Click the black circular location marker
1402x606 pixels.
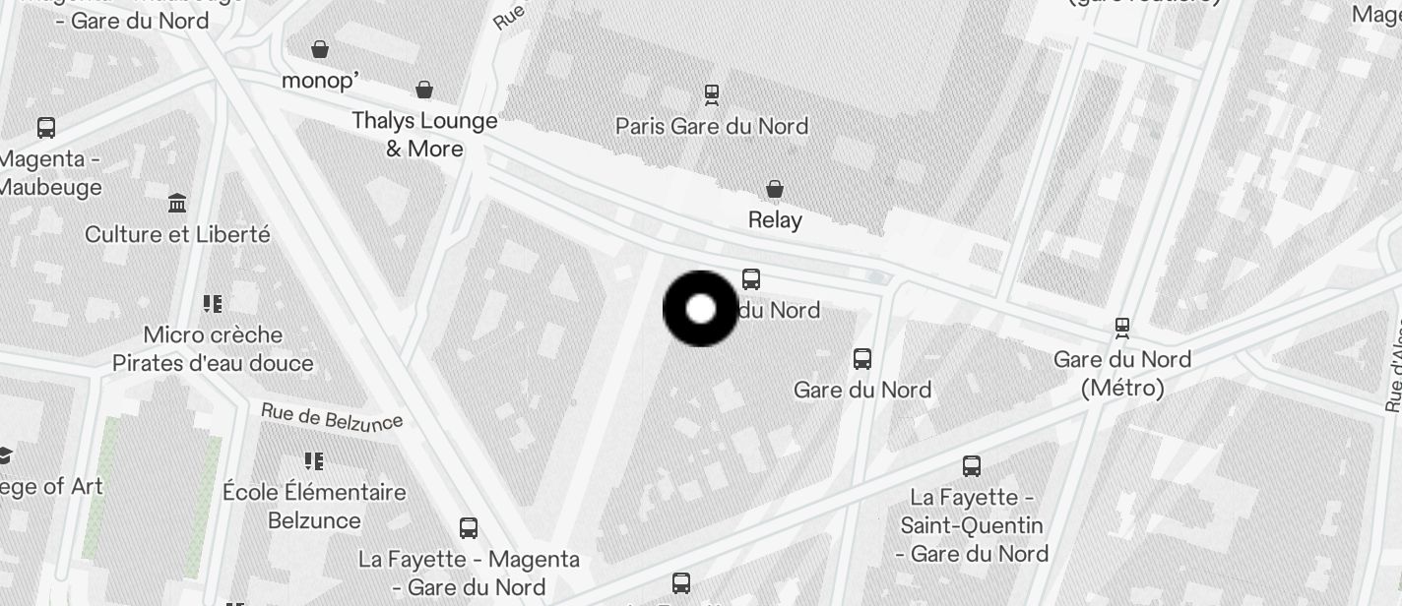tap(700, 309)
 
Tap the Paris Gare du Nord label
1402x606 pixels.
tap(711, 126)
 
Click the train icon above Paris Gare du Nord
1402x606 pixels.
tap(711, 94)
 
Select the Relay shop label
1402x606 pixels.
tap(775, 219)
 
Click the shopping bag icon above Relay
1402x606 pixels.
tap(775, 188)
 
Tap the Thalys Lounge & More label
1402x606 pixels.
tap(424, 135)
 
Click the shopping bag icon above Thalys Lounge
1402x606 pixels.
tap(424, 90)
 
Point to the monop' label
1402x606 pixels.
tap(320, 81)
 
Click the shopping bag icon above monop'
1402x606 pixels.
tap(320, 48)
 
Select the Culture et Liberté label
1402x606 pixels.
tap(177, 234)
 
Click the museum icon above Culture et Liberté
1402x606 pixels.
tap(177, 204)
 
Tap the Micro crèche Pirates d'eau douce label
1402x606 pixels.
tap(213, 348)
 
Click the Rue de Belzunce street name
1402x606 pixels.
tap(332, 417)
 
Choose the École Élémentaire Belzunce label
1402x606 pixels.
tap(314, 506)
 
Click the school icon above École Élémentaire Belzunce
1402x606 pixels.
tap(314, 460)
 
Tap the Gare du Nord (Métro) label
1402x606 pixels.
tap(1122, 374)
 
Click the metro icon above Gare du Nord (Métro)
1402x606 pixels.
tap(1121, 327)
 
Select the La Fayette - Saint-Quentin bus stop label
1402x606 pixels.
tap(972, 538)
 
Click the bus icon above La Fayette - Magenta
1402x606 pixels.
tap(469, 528)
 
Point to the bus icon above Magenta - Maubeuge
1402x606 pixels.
tap(46, 127)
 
